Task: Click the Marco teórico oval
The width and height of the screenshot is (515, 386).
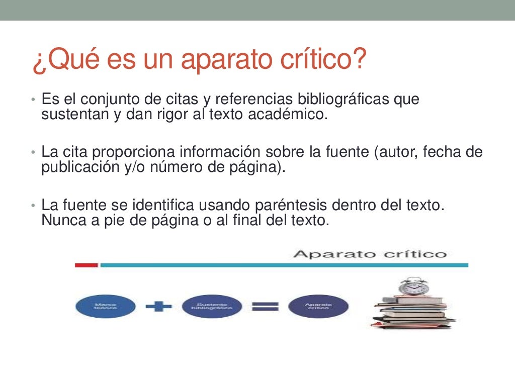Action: coord(105,306)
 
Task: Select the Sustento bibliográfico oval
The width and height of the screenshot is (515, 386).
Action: coord(211,306)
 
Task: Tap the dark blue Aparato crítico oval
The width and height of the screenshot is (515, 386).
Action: coord(318,306)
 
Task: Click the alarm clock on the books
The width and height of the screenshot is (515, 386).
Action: coord(413,286)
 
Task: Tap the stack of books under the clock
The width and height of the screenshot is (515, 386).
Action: coord(413,313)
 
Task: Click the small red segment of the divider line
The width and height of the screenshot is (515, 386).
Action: coord(86,265)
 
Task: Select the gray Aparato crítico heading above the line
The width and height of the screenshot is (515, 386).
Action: coord(370,254)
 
